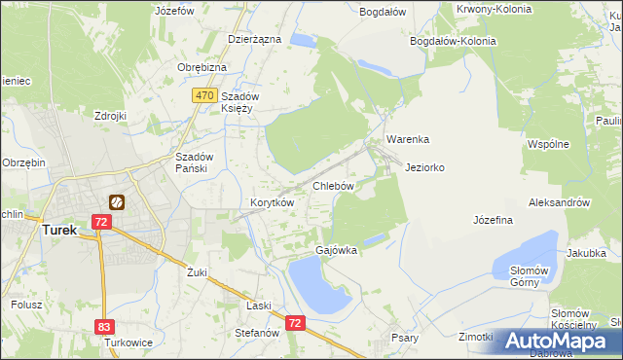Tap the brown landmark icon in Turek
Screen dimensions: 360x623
tap(117, 202)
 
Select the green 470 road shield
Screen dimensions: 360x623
tap(203, 95)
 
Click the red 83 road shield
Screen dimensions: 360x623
tap(105, 328)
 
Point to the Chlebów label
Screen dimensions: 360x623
tap(332, 185)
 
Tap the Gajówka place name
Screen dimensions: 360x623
tap(336, 250)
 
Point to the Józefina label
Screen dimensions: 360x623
tap(493, 220)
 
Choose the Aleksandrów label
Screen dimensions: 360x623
tap(559, 202)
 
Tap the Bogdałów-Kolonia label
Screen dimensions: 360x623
tap(453, 42)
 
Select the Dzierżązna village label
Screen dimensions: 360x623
tap(254, 39)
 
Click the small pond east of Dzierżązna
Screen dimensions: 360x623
tap(303, 41)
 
